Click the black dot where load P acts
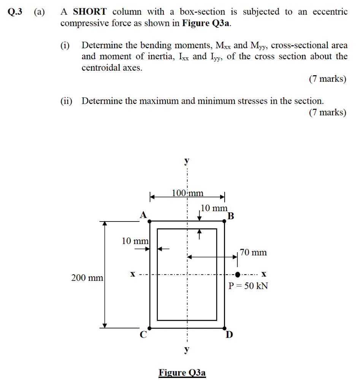click(238, 274)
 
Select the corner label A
click(143, 215)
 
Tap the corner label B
click(231, 217)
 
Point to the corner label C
click(143, 335)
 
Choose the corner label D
click(229, 335)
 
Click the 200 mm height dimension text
click(87, 278)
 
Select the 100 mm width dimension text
click(187, 193)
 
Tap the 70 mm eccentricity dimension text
click(254, 252)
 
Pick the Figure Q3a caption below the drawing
click(182, 373)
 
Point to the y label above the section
click(187, 161)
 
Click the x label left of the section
click(133, 274)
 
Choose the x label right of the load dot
click(263, 274)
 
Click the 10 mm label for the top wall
click(214, 208)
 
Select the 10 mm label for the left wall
click(135, 241)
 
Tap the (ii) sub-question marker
click(67, 101)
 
